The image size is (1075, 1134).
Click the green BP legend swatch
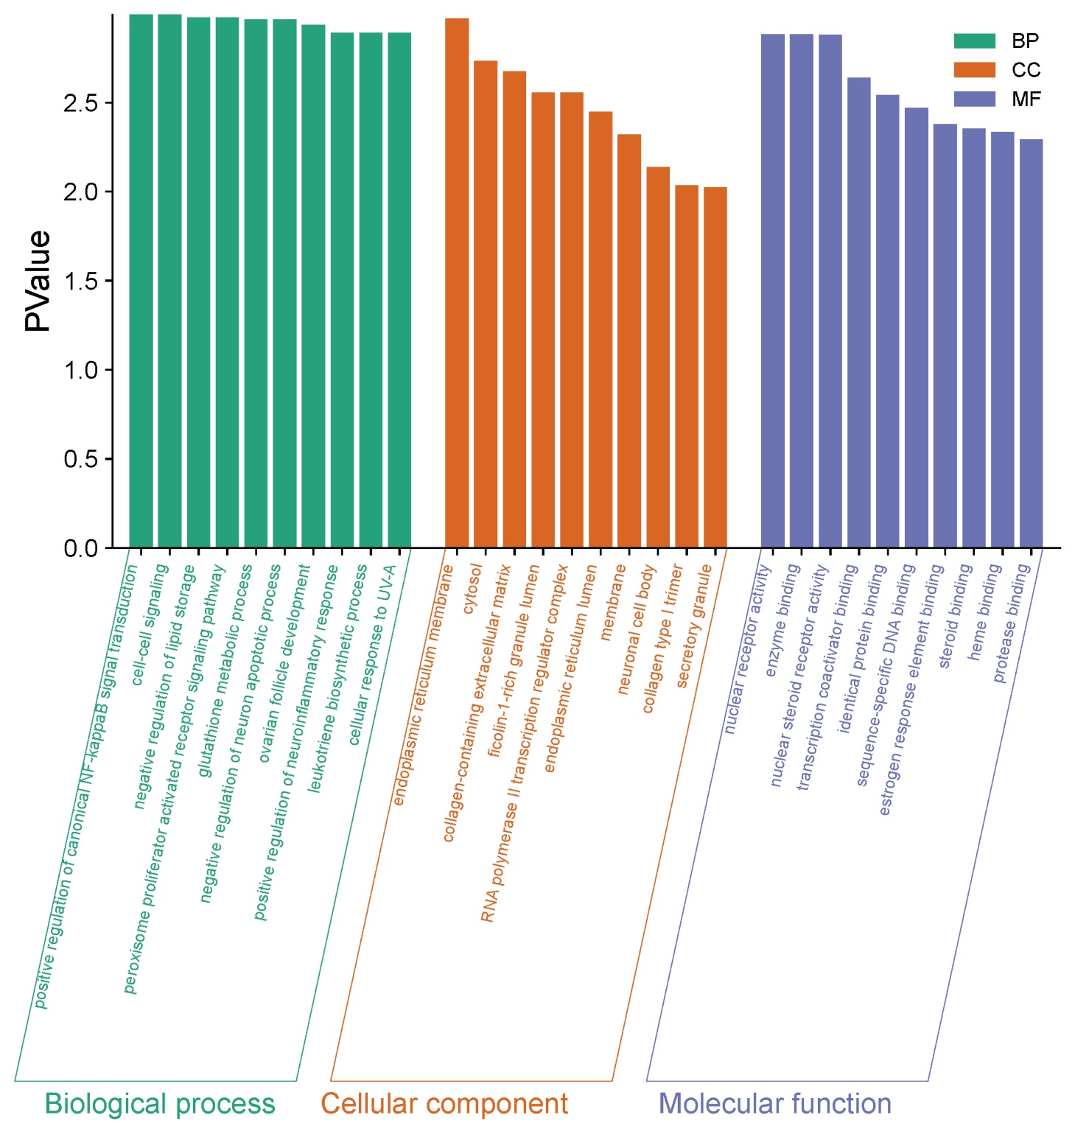click(x=973, y=41)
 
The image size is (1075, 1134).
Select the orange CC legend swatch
click(x=973, y=70)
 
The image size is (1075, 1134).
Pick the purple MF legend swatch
click(x=973, y=99)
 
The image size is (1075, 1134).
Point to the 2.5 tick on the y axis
click(x=80, y=103)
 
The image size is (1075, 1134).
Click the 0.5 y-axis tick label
click(x=80, y=459)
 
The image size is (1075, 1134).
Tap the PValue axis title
click(x=38, y=281)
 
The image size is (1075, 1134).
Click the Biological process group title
click(x=159, y=1104)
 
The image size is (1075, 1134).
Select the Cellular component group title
click(x=444, y=1104)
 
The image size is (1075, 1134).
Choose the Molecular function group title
click(x=774, y=1104)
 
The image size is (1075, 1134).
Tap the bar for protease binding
click(x=1031, y=343)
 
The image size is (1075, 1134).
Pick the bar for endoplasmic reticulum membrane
click(x=457, y=283)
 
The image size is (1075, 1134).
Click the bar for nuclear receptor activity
click(x=773, y=291)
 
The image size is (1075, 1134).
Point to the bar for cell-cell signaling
click(x=169, y=281)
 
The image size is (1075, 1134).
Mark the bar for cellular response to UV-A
click(x=399, y=290)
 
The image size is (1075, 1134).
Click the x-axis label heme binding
click(x=984, y=612)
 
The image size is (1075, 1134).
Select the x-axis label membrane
click(x=612, y=602)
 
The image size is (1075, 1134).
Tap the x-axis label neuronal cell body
click(x=637, y=629)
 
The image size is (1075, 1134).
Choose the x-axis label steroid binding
click(x=955, y=616)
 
